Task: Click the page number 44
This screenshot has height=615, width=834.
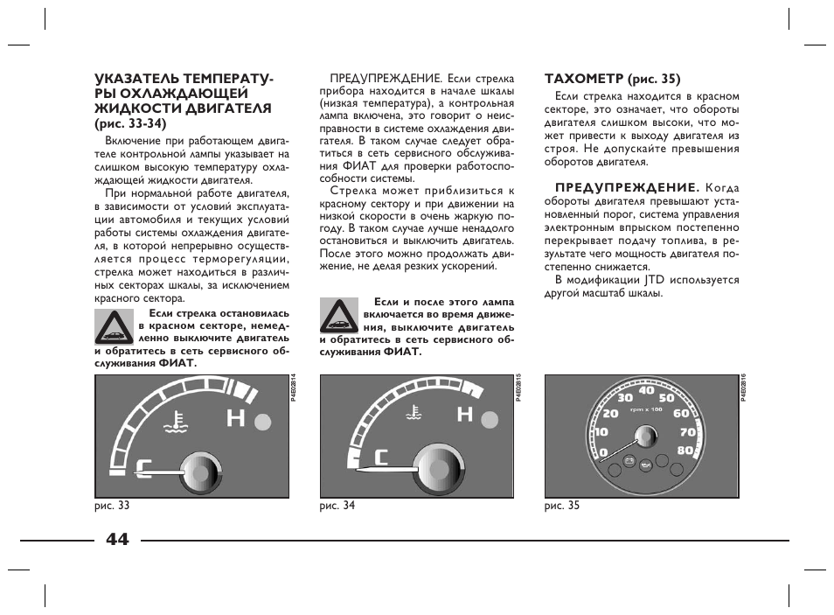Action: pyautogui.click(x=116, y=539)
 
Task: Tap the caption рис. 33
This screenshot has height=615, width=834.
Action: pyautogui.click(x=112, y=506)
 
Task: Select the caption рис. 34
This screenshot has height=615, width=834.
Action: pyautogui.click(x=337, y=506)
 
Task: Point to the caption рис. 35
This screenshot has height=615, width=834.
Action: pyautogui.click(x=562, y=506)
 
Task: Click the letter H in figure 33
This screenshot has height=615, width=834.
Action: pyautogui.click(x=235, y=419)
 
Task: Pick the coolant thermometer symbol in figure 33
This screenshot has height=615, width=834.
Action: pyautogui.click(x=178, y=423)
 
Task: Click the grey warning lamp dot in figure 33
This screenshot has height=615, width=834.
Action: pyautogui.click(x=263, y=423)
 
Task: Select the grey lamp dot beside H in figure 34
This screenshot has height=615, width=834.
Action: pyautogui.click(x=490, y=416)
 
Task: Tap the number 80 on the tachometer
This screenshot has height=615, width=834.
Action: pyautogui.click(x=685, y=451)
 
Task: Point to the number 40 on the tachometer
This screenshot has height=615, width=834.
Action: pyautogui.click(x=647, y=390)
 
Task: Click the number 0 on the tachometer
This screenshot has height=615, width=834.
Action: pyautogui.click(x=603, y=452)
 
